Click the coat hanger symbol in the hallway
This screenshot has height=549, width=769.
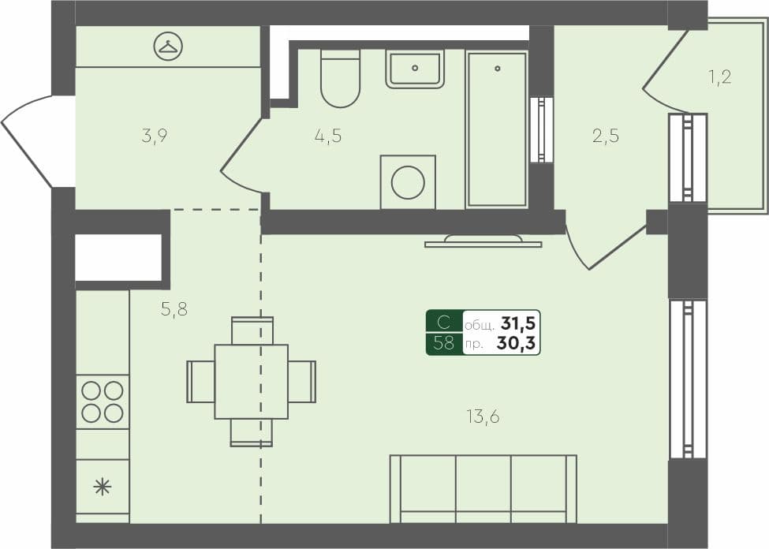167,47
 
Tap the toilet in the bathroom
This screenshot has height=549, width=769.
340,79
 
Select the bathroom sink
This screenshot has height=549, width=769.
415,69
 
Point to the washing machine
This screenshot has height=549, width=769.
408,182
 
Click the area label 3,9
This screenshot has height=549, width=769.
155,136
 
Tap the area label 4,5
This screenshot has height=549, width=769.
327,136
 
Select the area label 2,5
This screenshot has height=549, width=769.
606,136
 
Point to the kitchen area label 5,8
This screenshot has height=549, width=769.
174,310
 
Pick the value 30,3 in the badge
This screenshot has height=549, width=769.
517,343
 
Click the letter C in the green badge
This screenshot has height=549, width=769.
444,323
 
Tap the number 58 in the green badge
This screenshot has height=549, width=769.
444,343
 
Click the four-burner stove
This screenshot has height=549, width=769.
103,401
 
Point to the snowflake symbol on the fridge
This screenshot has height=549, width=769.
103,486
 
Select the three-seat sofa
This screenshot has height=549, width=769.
483,489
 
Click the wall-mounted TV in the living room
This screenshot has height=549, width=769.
483,241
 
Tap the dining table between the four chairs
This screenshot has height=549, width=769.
251,382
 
